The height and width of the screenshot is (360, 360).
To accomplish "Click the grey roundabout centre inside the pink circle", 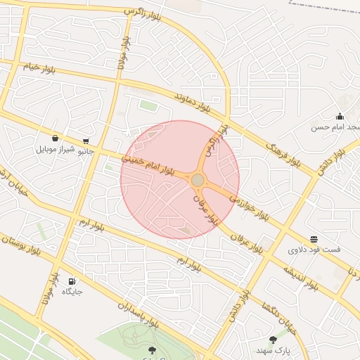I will click(198, 181).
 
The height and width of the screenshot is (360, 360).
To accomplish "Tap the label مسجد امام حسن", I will click(333, 127).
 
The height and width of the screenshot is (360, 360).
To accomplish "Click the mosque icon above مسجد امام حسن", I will click(340, 116).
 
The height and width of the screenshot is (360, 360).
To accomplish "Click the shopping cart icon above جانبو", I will click(86, 141).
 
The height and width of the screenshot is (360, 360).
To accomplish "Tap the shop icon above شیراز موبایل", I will click(55, 139).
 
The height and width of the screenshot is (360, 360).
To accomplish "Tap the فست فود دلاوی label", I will click(314, 250).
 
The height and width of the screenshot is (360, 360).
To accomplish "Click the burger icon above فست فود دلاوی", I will click(314, 239).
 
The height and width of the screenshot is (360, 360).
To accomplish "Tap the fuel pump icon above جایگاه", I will click(72, 281).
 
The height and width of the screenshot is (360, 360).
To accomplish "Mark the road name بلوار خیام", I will click(39, 68).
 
